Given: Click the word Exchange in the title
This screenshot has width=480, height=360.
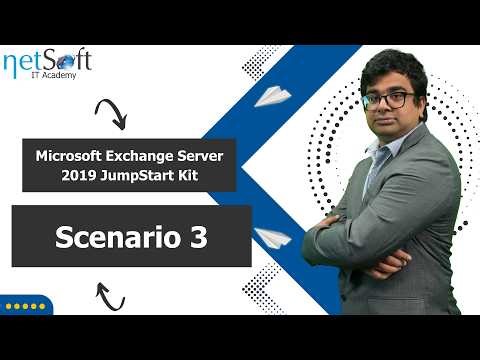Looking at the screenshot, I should coord(151,156).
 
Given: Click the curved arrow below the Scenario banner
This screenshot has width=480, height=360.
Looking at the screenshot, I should coord(109,296).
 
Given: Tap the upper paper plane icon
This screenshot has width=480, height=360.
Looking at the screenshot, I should coord(271,96).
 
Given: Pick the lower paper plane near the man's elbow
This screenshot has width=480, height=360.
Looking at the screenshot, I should coord(271,238).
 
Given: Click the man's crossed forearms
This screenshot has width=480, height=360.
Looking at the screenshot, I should coord(390,245).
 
